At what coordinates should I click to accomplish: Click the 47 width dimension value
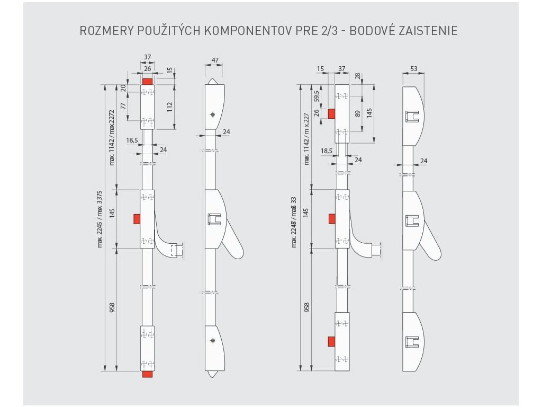[214, 60]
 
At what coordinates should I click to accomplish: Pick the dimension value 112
[169, 106]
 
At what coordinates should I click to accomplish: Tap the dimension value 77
[123, 106]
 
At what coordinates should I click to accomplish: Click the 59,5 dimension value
[317, 96]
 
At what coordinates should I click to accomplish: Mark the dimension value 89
[357, 113]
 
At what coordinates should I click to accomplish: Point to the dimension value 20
[123, 88]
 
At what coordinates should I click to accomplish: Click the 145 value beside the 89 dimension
[369, 113]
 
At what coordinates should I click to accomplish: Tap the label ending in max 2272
[112, 137]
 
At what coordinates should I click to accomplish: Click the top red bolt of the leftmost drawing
[147, 82]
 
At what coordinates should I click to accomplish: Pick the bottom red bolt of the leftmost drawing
[147, 375]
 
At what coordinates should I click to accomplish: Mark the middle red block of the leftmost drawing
[137, 219]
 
